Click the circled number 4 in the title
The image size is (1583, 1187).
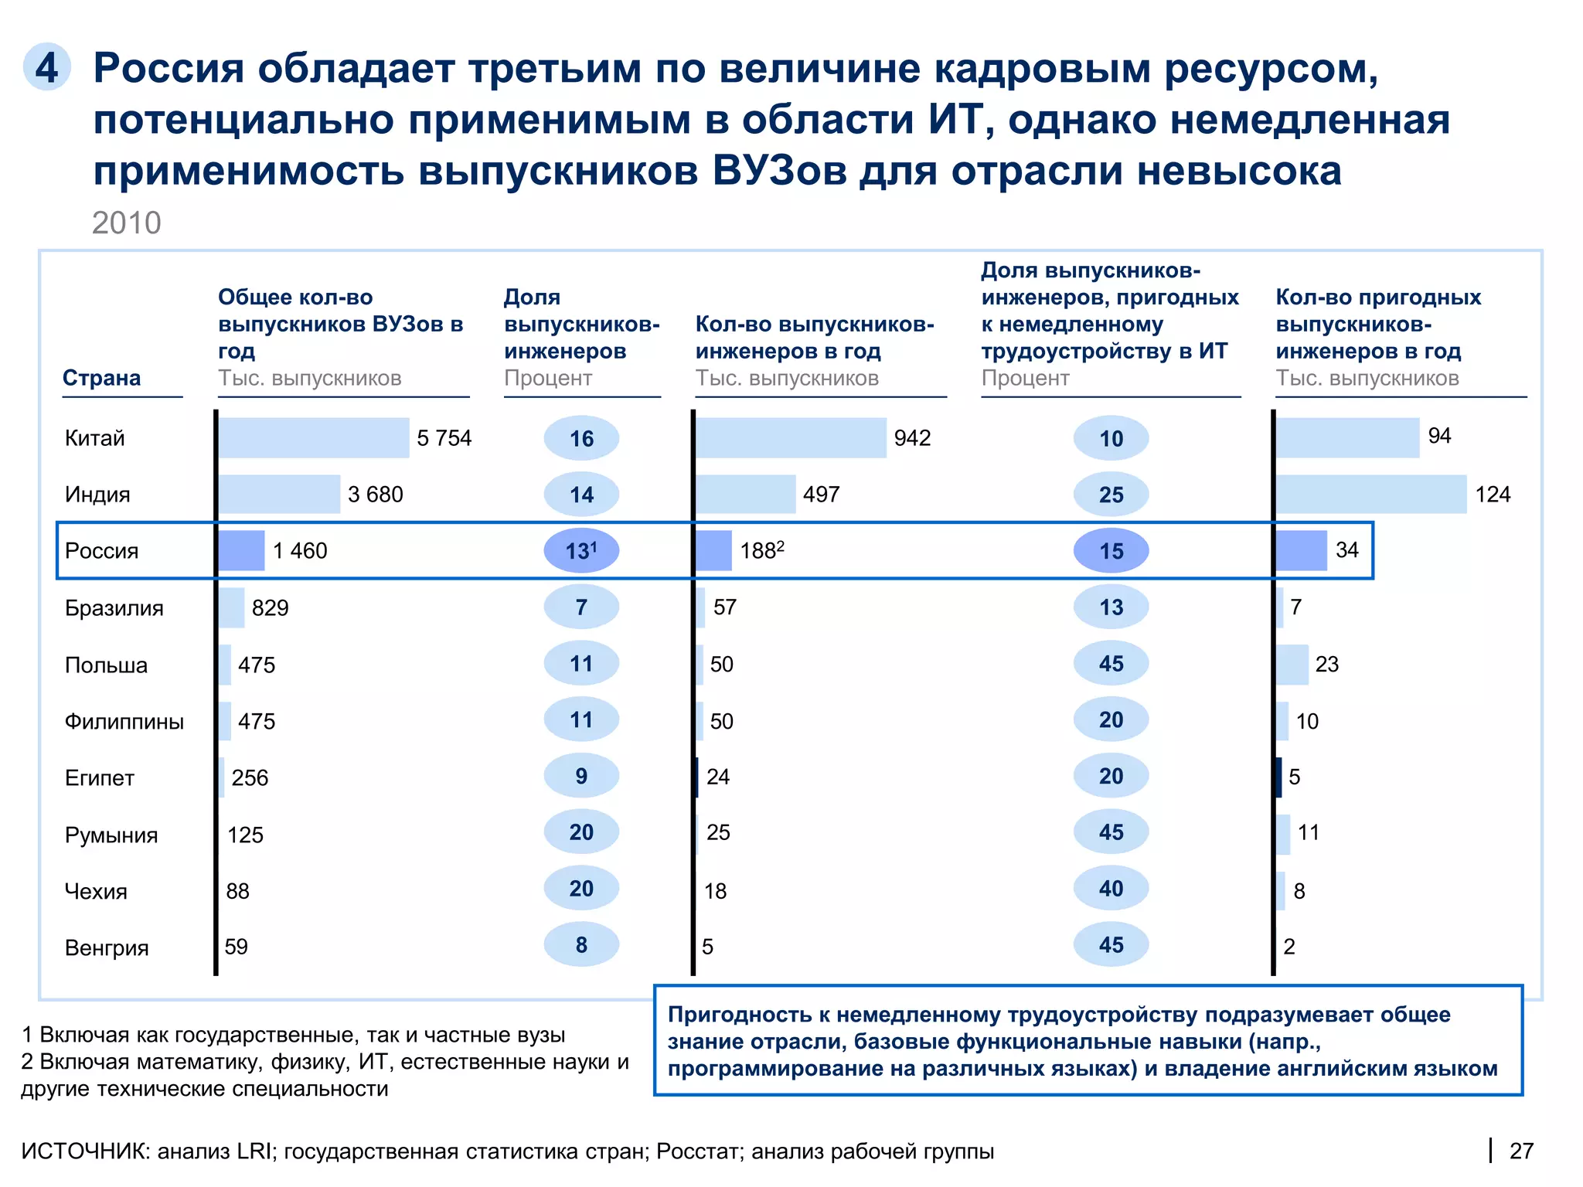pyautogui.click(x=47, y=67)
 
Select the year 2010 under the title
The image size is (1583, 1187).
pyautogui.click(x=126, y=223)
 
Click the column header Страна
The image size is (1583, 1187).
pyautogui.click(x=101, y=378)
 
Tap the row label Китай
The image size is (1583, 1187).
pyautogui.click(x=94, y=438)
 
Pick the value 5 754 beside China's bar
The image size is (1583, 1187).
pyautogui.click(x=444, y=438)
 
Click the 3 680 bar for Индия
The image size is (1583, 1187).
pyautogui.click(x=279, y=495)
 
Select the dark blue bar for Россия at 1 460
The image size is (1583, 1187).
pyautogui.click(x=241, y=551)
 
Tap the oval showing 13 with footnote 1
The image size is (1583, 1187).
pyautogui.click(x=581, y=551)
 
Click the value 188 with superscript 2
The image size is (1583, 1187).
pyautogui.click(x=761, y=551)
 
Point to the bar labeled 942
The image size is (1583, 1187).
pyautogui.click(x=791, y=438)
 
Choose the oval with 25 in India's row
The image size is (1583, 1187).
pyautogui.click(x=1111, y=495)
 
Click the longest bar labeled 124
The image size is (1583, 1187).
pyautogui.click(x=1370, y=495)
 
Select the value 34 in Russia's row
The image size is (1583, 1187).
pyautogui.click(x=1346, y=550)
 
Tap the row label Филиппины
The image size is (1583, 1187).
pyautogui.click(x=124, y=722)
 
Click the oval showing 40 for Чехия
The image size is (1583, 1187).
pyautogui.click(x=1111, y=889)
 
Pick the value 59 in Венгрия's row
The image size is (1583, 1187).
pyautogui.click(x=236, y=947)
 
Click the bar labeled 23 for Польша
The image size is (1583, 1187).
pyautogui.click(x=1292, y=665)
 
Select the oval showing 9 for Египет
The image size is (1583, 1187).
pyautogui.click(x=581, y=776)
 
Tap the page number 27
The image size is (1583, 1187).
pyautogui.click(x=1520, y=1151)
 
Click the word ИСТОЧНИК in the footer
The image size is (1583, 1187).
pyautogui.click(x=85, y=1151)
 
